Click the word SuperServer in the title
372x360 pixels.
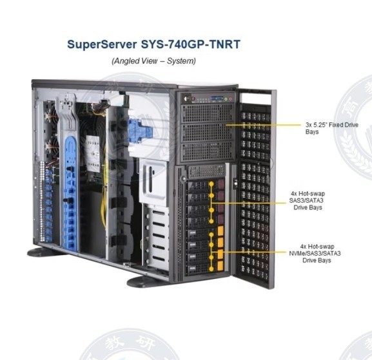[102, 44]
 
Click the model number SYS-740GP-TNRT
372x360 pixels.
[191, 44]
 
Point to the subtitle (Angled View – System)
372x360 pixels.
[153, 61]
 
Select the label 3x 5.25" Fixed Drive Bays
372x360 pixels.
[331, 128]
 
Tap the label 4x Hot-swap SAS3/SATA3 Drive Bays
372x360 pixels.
[306, 200]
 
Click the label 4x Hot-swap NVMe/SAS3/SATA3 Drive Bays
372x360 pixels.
[315, 253]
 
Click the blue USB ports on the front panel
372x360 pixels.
[217, 99]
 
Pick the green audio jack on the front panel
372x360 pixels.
[226, 99]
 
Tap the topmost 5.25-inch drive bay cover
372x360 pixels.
[207, 113]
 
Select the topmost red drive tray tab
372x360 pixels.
[221, 184]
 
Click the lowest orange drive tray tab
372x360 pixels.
[220, 265]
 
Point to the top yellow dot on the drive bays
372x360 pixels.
[211, 184]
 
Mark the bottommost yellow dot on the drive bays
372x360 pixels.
[211, 269]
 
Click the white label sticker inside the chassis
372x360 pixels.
[93, 153]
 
